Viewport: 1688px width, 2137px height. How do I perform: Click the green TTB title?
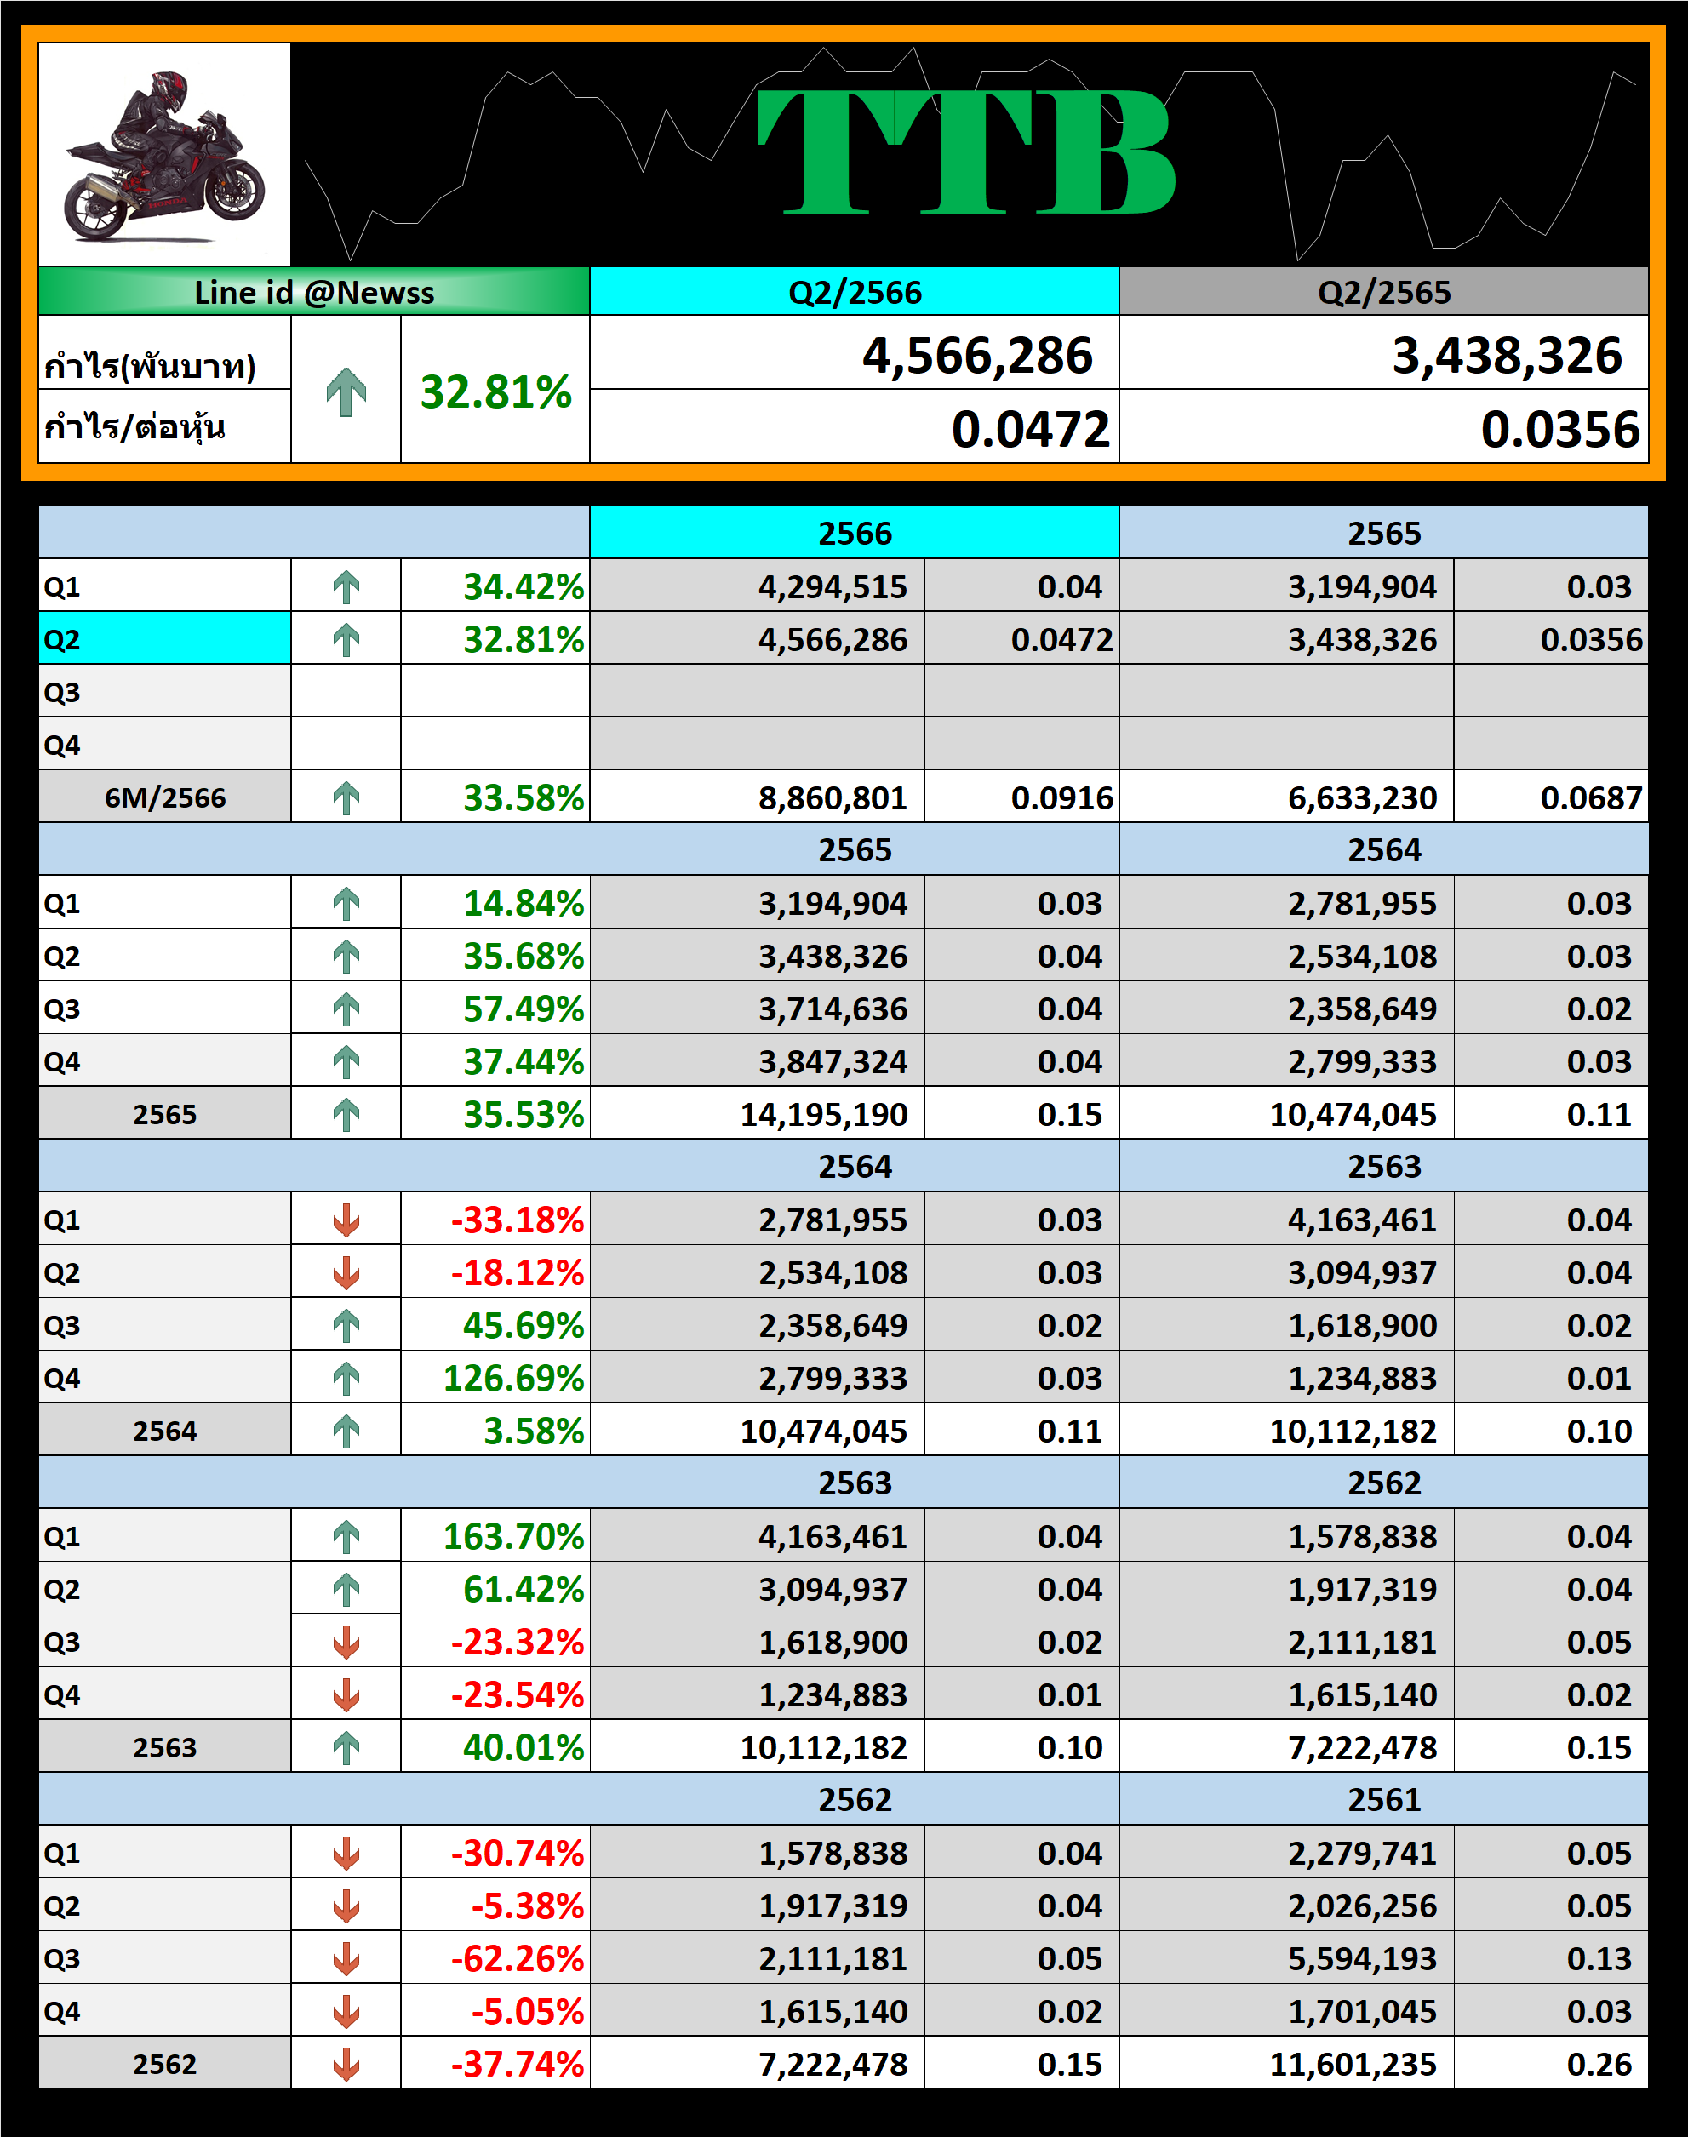[x=965, y=151]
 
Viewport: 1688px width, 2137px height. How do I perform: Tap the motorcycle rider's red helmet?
[x=169, y=91]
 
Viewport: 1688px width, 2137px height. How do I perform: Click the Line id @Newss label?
[x=313, y=293]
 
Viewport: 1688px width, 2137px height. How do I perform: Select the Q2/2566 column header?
[x=854, y=293]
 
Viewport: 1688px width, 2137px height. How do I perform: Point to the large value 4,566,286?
[x=976, y=356]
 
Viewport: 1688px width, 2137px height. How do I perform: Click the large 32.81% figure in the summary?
[x=495, y=392]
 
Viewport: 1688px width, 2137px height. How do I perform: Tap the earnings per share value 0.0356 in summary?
[x=1559, y=430]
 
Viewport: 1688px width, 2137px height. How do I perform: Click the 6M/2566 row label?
[x=165, y=797]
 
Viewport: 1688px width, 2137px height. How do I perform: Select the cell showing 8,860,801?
[x=833, y=797]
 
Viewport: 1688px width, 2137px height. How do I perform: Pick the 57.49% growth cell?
[x=523, y=1009]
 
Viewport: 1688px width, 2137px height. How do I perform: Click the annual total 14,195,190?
[x=823, y=1114]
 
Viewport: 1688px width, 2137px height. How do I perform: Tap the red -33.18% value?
[x=517, y=1220]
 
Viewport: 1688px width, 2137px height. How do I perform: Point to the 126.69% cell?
[x=513, y=1378]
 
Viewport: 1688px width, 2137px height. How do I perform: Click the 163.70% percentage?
[x=513, y=1536]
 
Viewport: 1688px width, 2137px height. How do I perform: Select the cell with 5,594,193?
[x=1361, y=1958]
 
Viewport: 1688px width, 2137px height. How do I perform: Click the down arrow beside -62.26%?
[x=346, y=1958]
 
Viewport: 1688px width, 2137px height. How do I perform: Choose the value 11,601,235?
[x=1352, y=2064]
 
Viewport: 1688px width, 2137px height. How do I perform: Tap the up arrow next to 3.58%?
[x=346, y=1431]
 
